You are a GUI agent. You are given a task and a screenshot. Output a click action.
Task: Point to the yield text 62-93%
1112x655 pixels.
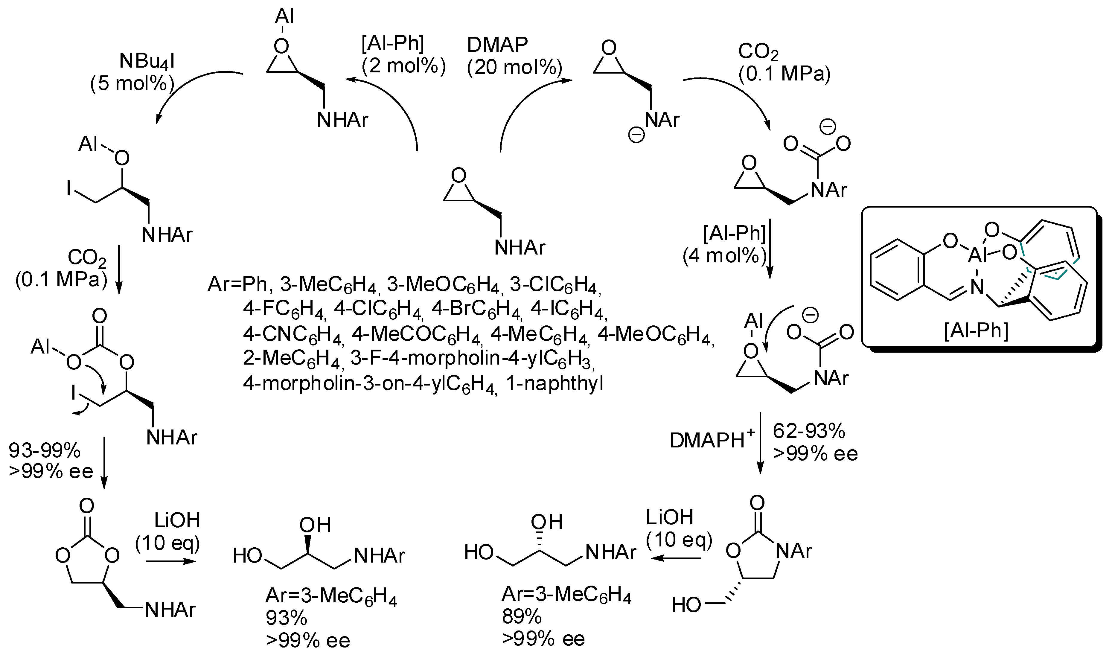point(809,431)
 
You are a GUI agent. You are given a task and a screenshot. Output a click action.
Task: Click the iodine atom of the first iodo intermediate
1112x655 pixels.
point(68,189)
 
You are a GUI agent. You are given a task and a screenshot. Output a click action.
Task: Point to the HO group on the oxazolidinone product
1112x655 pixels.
point(686,605)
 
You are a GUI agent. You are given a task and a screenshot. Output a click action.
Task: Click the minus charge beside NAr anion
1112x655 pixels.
point(636,136)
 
